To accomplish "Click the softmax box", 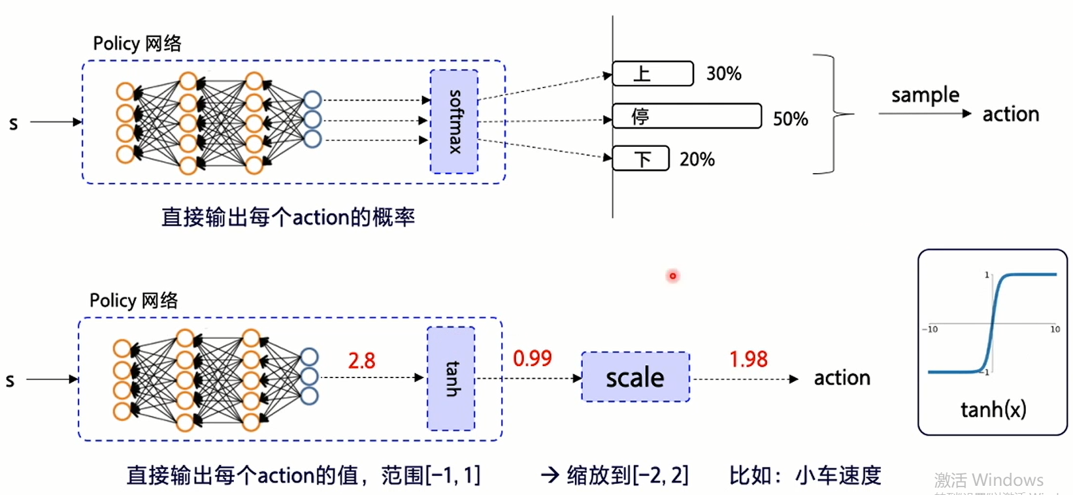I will pos(454,121).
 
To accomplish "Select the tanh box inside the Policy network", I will pos(451,379).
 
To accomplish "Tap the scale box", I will pos(635,377).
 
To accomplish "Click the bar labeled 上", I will pos(652,74).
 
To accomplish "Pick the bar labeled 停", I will pos(687,116).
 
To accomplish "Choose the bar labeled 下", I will pos(640,159).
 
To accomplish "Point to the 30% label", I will pos(723,74).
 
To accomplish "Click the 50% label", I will pos(790,119).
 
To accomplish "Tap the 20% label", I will pos(697,159).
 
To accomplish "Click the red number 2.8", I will pos(361,360).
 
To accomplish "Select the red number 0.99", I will pos(532,359).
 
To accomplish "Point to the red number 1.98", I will pos(748,359).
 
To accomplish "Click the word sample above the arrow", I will pos(925,95).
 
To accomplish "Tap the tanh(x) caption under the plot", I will pos(993,409).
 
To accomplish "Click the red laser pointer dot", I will pos(672,276).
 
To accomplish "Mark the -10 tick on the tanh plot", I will pos(930,329).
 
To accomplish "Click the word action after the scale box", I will pos(842,378).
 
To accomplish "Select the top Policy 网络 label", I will pos(137,44).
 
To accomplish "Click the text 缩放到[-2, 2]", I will pos(627,475).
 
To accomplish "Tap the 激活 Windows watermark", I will pos(988,481).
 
